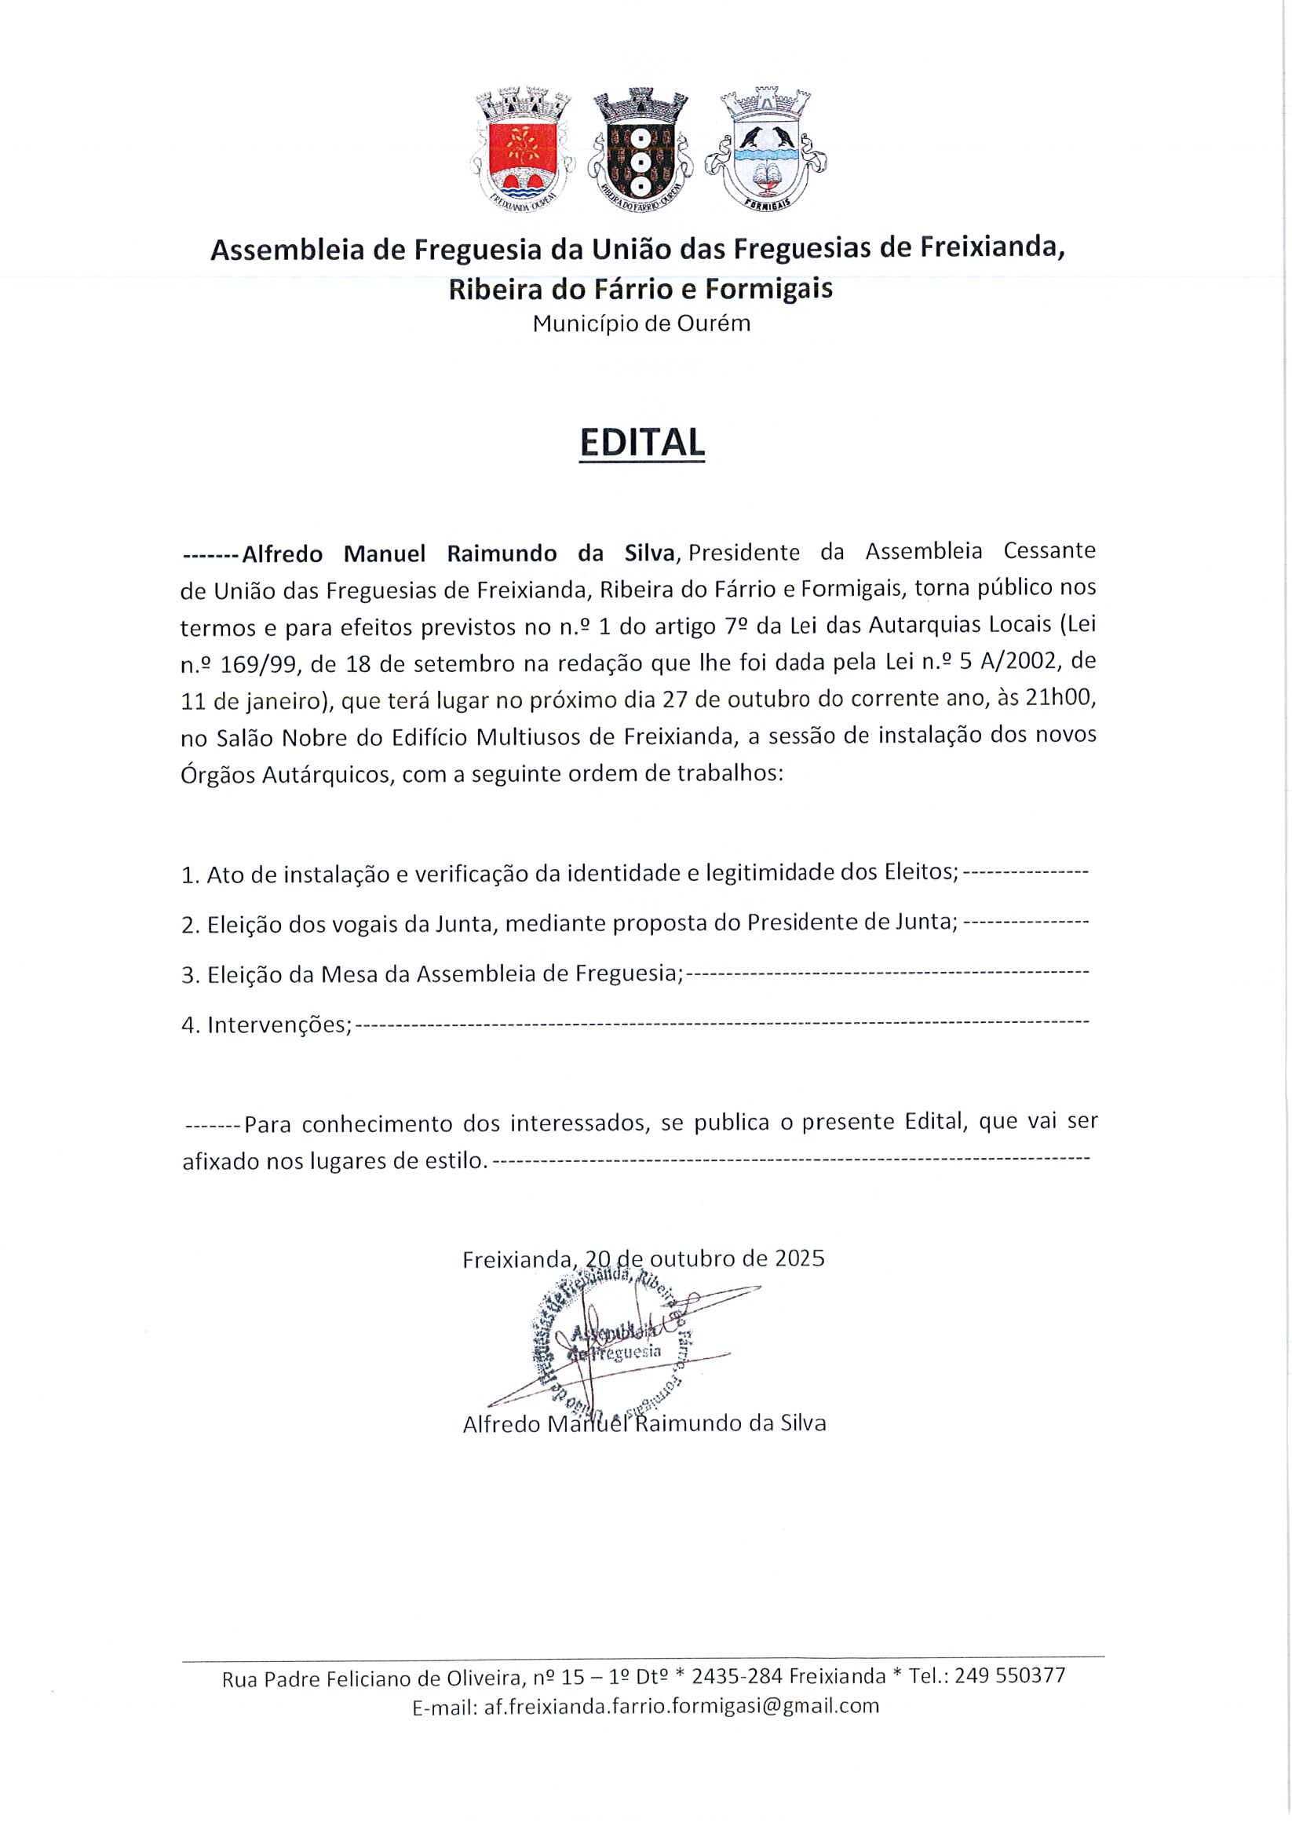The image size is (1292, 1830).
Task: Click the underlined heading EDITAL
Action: tap(642, 442)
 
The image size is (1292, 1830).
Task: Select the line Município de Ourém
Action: tap(641, 324)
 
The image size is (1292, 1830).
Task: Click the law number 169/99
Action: tap(246, 662)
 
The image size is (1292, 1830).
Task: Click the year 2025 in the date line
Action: tap(799, 1258)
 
